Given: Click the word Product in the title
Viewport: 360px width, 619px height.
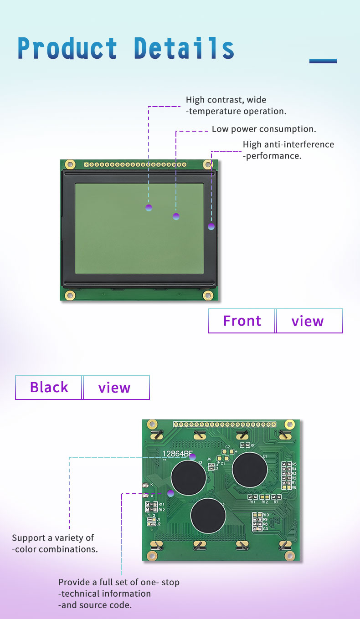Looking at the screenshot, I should pos(67,48).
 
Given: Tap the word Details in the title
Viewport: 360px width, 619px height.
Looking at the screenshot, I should pos(184,48).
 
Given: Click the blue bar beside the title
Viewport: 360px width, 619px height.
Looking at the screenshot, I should pos(323,61).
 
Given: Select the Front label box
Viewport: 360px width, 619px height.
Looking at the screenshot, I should pos(242,321).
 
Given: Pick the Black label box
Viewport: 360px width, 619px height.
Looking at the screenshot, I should pos(49,387).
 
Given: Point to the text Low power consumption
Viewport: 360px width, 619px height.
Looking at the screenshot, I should pos(264,129).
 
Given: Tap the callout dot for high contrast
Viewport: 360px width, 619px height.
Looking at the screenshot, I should pos(149,208).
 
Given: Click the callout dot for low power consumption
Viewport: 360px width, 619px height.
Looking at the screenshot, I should pos(176,216).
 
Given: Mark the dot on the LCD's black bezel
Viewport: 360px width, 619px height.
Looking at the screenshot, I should pos(211,226).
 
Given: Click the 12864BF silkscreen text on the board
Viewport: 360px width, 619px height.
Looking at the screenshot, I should pos(175,454).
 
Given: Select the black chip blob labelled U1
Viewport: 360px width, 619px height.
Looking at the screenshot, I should pos(250,469).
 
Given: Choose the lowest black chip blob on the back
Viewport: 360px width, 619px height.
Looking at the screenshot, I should pos(208,516).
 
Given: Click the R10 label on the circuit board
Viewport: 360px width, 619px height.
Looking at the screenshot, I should pos(265,515).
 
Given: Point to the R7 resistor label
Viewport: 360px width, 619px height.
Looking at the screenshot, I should pos(276,501).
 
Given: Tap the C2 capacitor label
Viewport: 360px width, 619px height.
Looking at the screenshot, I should pos(227,447).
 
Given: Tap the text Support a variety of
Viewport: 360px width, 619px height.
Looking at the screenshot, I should pos(53,538).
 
